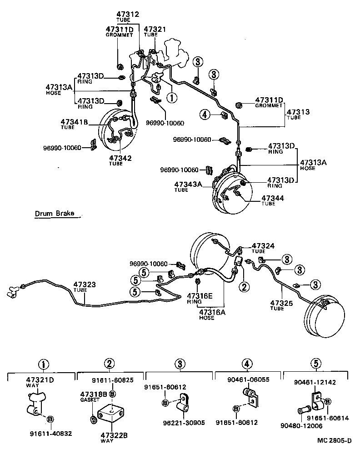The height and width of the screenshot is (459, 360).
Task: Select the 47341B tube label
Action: pos(75,122)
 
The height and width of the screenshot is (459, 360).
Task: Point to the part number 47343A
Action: pos(188,184)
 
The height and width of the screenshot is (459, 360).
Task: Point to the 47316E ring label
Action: pos(200,296)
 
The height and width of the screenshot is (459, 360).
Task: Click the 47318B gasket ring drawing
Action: pos(93,418)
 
